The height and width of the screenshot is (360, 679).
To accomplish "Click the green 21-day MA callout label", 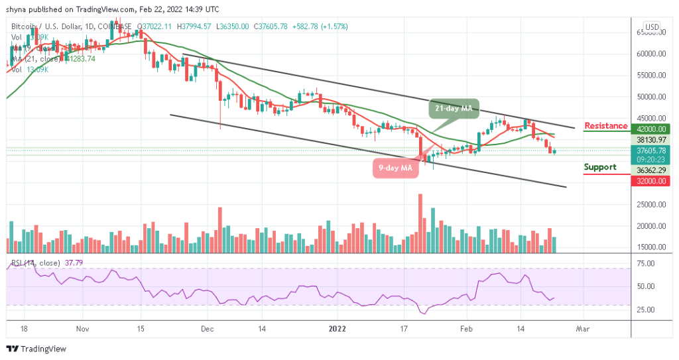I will [x=453, y=108].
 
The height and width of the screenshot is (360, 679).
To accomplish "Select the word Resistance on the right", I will [x=605, y=126].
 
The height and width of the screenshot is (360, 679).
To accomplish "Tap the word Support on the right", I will [x=600, y=167].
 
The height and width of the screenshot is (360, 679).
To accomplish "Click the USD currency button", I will [x=652, y=27].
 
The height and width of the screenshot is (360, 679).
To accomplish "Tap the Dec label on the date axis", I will [x=207, y=328].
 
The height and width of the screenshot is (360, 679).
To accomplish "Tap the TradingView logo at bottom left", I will [x=38, y=349].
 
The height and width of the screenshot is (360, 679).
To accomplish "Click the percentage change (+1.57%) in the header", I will [x=334, y=27].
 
